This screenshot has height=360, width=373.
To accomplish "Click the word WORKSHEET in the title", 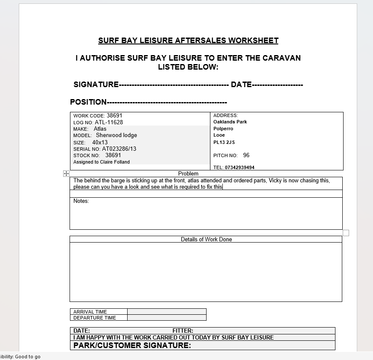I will tap(253, 41).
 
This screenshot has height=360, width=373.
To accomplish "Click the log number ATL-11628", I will tap(109, 122).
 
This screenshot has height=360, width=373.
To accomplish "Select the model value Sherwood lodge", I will tap(117, 135).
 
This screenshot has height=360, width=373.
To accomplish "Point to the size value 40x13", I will tap(100, 142).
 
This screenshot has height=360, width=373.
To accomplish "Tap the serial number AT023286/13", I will tap(119, 149).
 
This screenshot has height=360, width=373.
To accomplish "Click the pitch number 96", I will tap(246, 155).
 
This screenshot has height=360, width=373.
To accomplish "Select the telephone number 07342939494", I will tap(239, 167).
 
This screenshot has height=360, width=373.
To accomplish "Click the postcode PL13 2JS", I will tap(224, 142).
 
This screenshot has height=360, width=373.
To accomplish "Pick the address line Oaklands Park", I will tap(230, 122).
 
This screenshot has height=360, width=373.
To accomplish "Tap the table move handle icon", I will tap(66, 173).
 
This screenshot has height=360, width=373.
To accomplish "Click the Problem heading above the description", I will tap(188, 174).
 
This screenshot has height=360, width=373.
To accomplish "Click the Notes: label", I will tap(81, 201).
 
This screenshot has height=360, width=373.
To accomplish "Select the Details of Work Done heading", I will tap(206, 240).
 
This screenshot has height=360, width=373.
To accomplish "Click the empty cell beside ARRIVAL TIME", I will tap(166, 312).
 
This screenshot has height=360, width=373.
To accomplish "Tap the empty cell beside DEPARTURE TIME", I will tap(166, 318).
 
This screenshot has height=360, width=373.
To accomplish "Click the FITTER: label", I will tap(183, 331).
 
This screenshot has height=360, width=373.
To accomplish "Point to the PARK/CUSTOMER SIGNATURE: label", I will tap(132, 345).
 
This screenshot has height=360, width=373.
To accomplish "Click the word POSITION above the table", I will tap(88, 102).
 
